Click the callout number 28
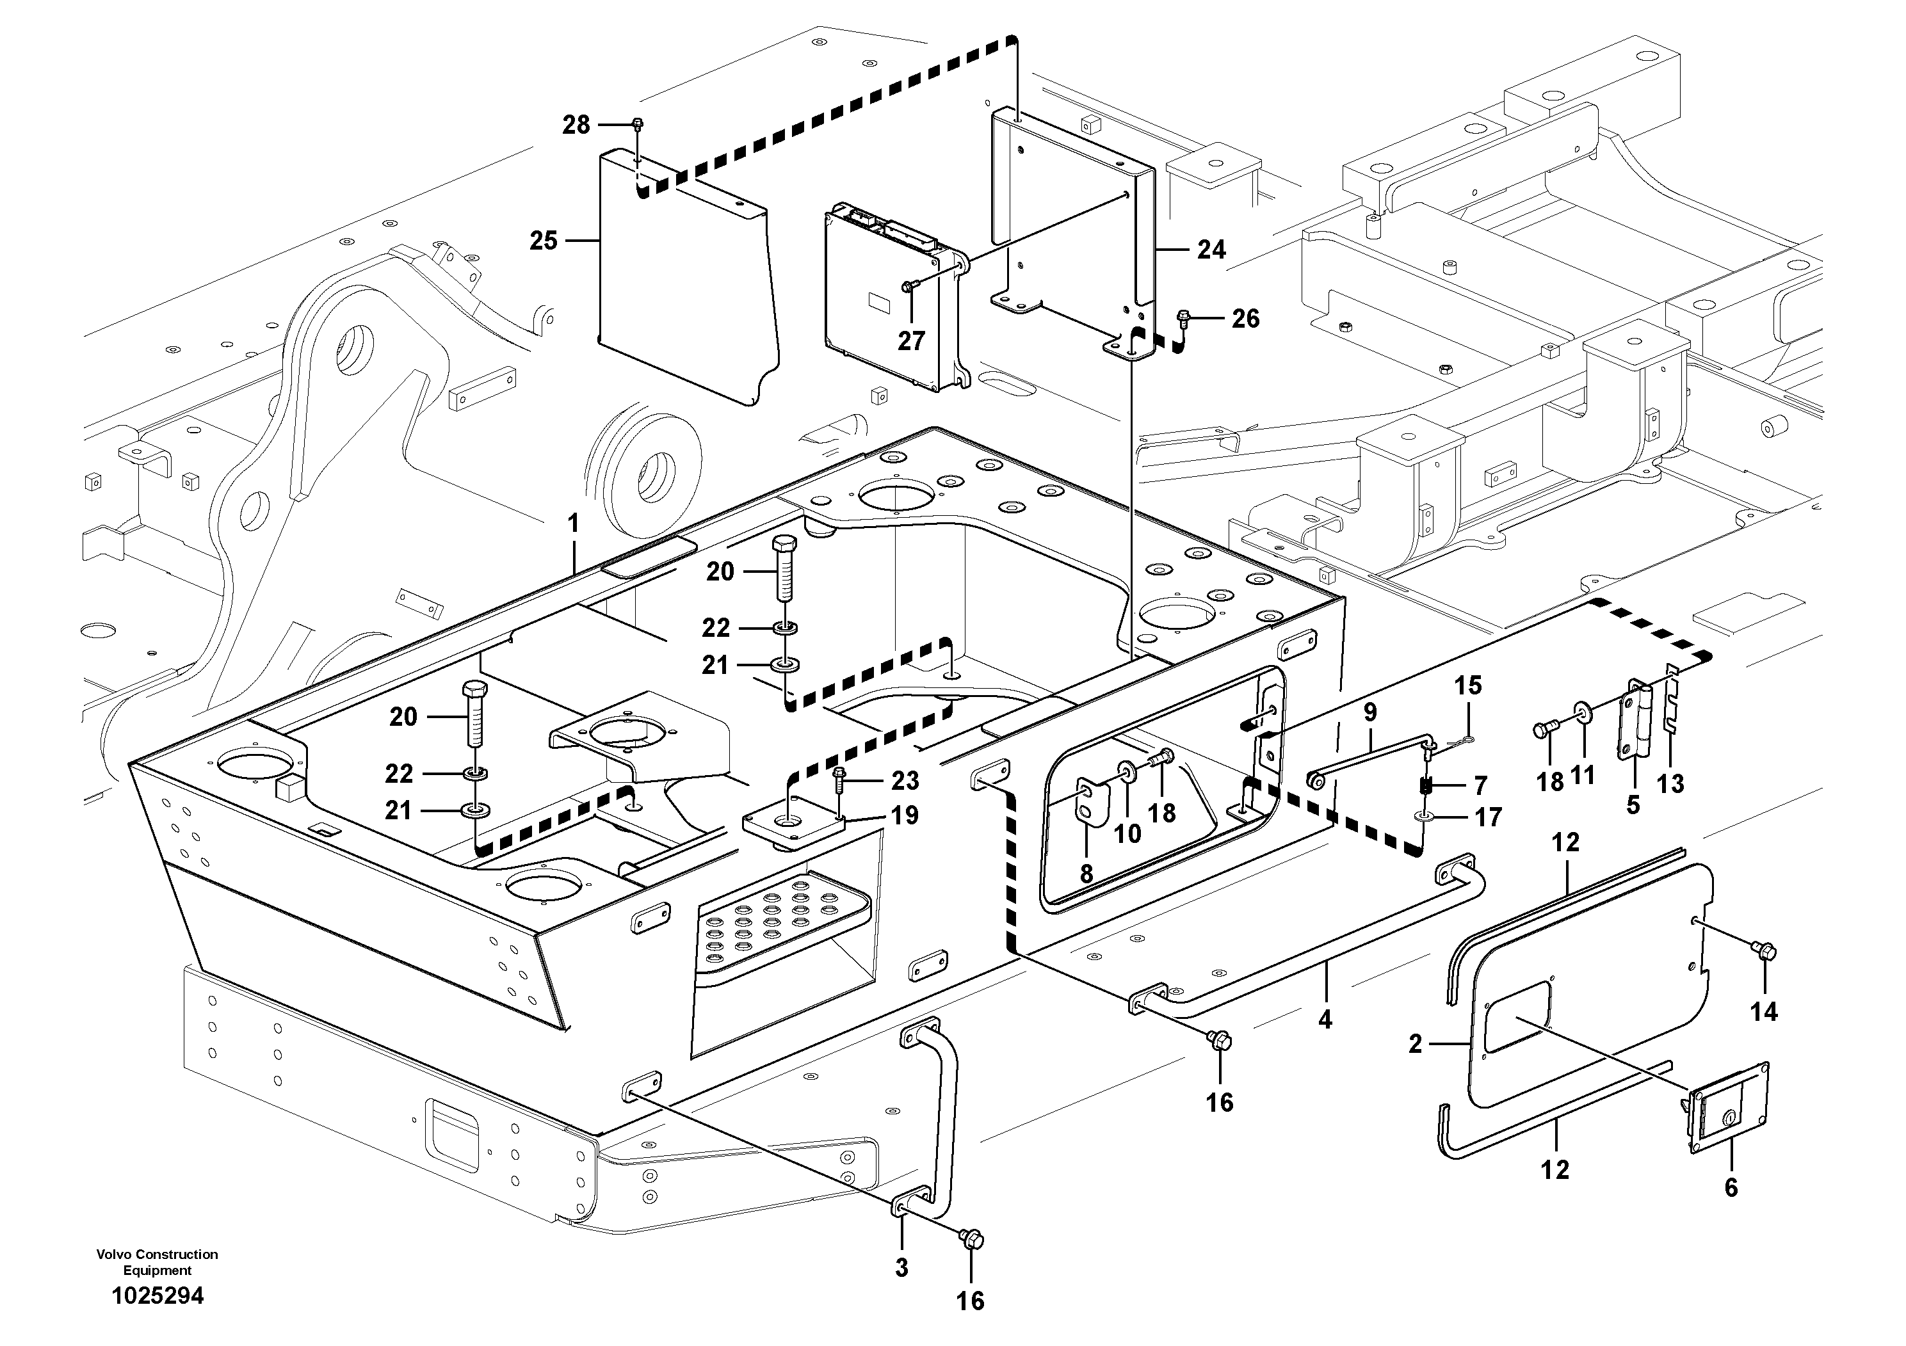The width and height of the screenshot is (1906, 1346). [576, 125]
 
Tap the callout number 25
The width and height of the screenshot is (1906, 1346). [544, 241]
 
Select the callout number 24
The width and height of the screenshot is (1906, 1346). [1211, 250]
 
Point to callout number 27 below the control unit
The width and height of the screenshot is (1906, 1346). [910, 341]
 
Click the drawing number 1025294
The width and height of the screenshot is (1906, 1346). [157, 1295]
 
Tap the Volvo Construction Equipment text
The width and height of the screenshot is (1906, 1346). [157, 1262]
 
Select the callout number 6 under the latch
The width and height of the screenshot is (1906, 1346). [1731, 1189]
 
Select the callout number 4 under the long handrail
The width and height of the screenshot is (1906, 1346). [1325, 1020]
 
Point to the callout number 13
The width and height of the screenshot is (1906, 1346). [1670, 783]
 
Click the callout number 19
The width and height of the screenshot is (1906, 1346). [905, 816]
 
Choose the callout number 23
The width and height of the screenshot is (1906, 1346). [905, 780]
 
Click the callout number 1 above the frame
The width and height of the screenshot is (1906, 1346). [573, 524]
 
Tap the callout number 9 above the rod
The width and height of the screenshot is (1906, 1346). [1369, 712]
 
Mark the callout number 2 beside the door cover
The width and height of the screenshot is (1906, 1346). [1416, 1045]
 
